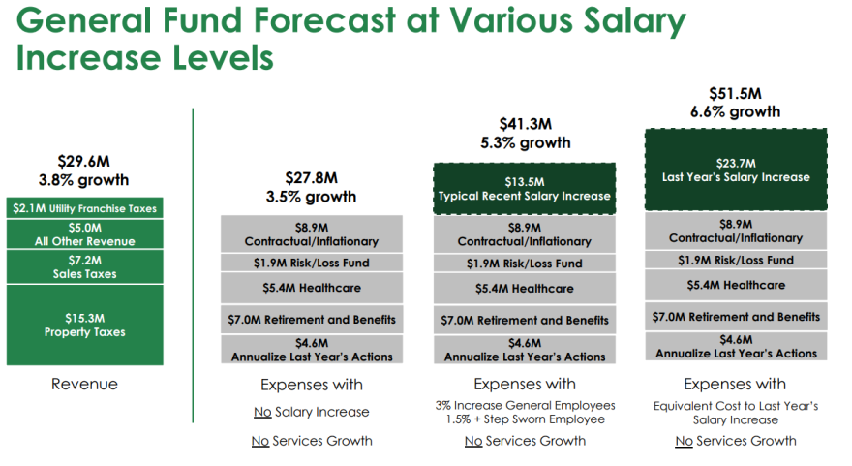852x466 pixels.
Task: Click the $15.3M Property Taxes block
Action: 85,326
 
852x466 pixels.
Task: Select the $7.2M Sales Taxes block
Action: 85,267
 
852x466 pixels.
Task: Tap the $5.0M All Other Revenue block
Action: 85,234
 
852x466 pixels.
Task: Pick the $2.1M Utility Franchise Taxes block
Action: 85,208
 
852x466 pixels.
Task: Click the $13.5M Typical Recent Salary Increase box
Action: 525,189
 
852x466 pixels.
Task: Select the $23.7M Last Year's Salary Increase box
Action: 736,170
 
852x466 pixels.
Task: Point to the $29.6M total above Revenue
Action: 83,162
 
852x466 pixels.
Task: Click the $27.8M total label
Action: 312,178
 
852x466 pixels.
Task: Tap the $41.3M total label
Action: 526,124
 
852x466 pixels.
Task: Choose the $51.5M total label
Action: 735,94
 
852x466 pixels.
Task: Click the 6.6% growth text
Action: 735,112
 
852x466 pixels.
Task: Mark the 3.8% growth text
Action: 83,180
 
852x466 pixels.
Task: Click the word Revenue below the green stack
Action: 84,384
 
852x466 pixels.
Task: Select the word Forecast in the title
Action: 324,20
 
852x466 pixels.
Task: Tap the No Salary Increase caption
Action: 312,412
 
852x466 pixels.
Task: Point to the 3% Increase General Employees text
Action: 525,405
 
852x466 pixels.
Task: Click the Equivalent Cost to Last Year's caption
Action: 736,406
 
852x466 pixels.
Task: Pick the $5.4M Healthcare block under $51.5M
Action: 736,285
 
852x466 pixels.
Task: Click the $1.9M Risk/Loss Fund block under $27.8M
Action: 312,263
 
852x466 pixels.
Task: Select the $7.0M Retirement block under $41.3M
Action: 525,321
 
